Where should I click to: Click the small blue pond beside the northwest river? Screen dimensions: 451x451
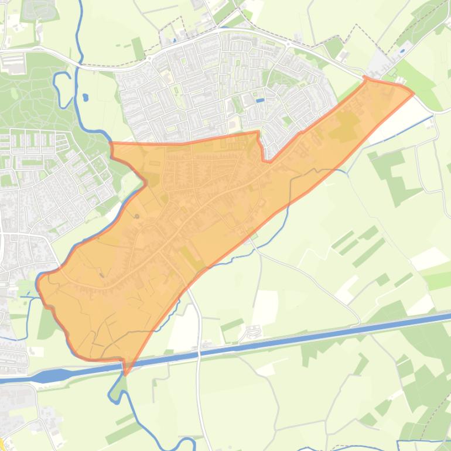tap(86, 97)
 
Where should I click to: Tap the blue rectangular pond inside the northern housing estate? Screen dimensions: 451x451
tap(260, 100)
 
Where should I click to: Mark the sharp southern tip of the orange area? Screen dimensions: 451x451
tap(125, 373)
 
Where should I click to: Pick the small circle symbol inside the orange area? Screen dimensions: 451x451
tap(137, 217)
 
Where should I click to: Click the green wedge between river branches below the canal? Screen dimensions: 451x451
tap(119, 387)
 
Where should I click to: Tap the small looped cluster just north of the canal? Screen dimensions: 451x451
tap(252, 333)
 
